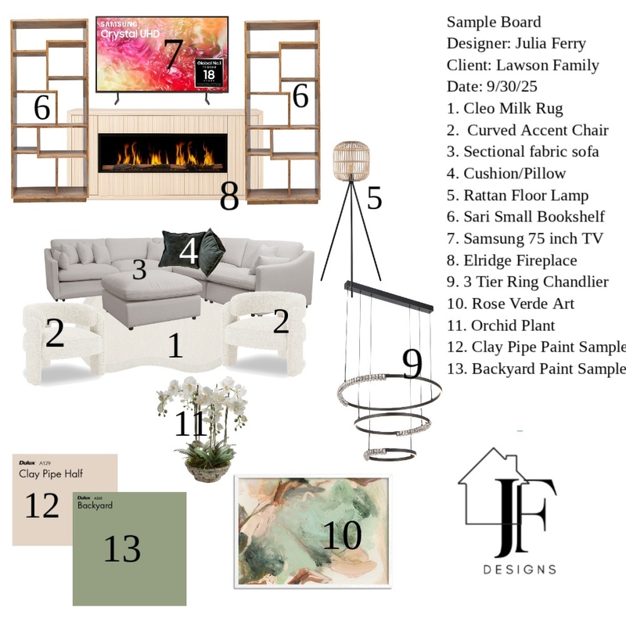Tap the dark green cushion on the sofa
tap(174, 249)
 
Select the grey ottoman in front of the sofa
tap(152, 297)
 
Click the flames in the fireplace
tap(162, 154)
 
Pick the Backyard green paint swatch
tap(129, 548)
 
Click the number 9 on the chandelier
tap(412, 363)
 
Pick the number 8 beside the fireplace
tap(229, 198)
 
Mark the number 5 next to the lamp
tap(374, 199)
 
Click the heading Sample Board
tap(494, 22)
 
